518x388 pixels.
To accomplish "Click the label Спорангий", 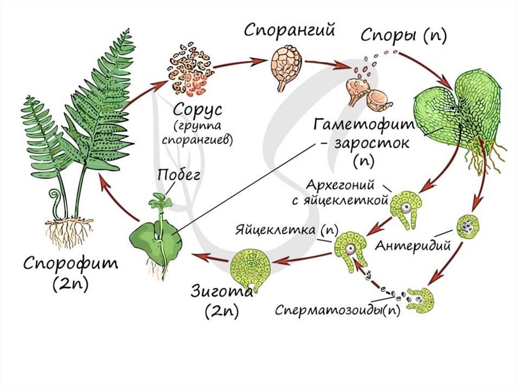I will coord(290,30).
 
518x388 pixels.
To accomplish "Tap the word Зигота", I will coord(221,291).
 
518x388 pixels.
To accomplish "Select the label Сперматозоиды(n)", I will coord(337,310).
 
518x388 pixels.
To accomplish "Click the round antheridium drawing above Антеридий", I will coord(468,227).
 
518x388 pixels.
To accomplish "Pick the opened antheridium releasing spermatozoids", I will coord(420,300).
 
